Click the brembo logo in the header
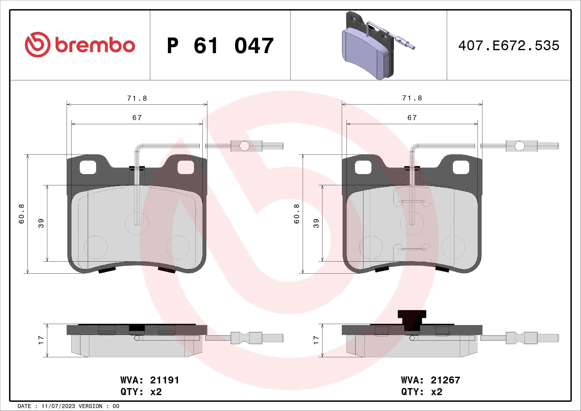(80, 45)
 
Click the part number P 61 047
(220, 46)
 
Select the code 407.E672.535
(509, 46)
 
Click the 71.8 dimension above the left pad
(137, 98)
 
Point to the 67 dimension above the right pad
(412, 118)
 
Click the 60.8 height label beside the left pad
(22, 214)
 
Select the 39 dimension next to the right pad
(316, 223)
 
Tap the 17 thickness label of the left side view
(41, 340)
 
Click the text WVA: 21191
(150, 380)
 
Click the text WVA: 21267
(430, 380)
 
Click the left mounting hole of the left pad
(88, 167)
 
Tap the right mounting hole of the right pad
(461, 167)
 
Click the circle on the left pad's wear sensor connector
(244, 146)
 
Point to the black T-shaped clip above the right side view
(412, 320)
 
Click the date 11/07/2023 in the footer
(58, 406)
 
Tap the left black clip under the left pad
(107, 270)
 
